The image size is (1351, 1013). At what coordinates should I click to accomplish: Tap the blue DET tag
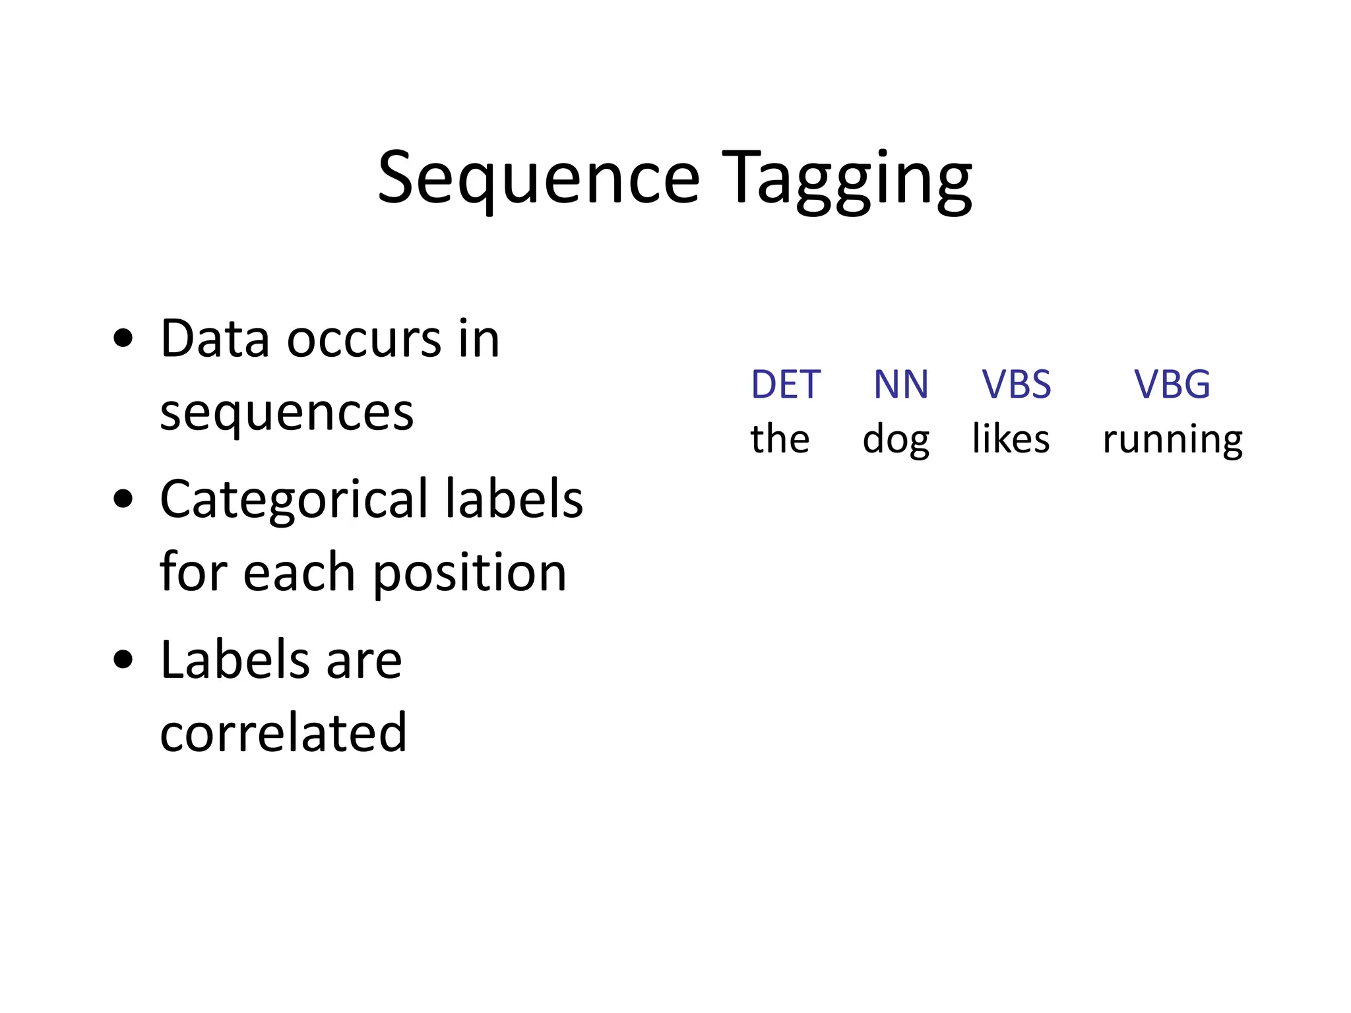tap(785, 384)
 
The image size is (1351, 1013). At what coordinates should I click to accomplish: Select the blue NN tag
tap(900, 384)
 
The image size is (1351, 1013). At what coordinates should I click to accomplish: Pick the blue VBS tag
tap(1016, 384)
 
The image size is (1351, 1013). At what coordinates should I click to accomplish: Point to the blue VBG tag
tap(1172, 384)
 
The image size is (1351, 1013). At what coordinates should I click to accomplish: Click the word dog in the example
tap(896, 439)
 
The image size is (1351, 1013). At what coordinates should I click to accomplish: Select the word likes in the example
tap(1011, 439)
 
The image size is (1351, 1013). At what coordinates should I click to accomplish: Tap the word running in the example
tap(1172, 441)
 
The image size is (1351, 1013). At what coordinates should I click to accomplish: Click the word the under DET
tap(780, 439)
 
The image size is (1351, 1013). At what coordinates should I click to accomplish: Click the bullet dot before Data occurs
tap(123, 340)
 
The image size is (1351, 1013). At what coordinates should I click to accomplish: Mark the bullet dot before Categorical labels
tap(123, 499)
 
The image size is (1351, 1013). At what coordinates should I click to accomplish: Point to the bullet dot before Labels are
tap(123, 660)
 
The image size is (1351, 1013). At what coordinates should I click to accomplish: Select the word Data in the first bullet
tap(214, 340)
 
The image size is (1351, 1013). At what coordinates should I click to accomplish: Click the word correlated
tap(283, 733)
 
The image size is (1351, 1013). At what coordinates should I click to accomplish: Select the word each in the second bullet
tap(299, 572)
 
